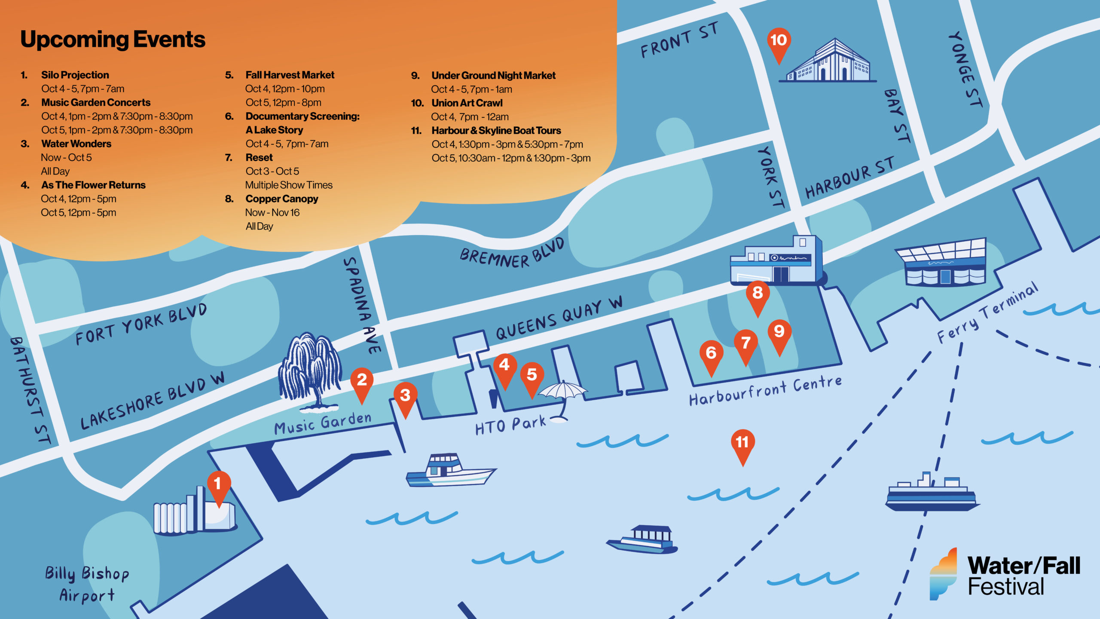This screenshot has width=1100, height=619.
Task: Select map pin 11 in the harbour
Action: coord(742,444)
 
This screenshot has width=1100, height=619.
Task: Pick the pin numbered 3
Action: coord(405,397)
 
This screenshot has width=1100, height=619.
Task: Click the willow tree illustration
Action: coord(310,370)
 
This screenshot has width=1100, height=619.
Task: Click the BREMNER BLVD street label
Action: coord(511,254)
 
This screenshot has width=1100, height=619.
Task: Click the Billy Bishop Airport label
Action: coord(87,584)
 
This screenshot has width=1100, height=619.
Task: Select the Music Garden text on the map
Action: coord(323,423)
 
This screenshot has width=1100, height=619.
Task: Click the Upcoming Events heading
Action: coord(113,40)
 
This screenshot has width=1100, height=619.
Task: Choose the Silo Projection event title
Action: coord(75,75)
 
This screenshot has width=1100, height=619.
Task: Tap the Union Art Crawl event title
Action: coord(467,103)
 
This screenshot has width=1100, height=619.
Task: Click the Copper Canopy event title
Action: coord(281,199)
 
